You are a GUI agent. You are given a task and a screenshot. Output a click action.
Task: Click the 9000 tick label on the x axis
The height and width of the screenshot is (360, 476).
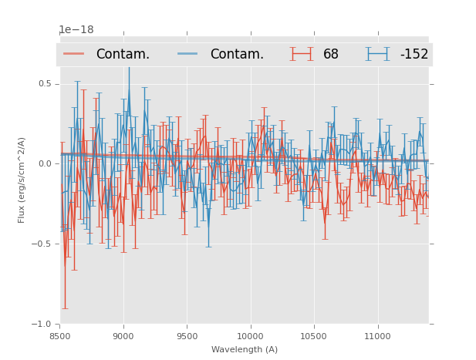[123, 336]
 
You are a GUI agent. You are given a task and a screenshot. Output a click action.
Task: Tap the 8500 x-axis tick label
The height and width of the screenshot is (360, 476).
[60, 336]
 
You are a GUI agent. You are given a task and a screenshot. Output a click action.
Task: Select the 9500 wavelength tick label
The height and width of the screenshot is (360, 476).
[187, 336]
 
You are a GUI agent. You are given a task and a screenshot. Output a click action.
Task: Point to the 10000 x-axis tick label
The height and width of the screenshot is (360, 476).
[250, 336]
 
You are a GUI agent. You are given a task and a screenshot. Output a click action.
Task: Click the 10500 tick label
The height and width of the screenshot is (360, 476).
[314, 336]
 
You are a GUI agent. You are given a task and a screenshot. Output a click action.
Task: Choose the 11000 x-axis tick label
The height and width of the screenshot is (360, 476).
[377, 336]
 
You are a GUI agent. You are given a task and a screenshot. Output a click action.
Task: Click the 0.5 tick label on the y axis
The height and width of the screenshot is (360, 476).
[45, 84]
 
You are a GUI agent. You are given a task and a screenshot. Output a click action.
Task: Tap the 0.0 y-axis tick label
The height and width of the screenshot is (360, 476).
[45, 163]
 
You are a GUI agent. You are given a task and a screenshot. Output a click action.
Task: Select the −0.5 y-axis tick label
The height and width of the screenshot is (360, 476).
[43, 244]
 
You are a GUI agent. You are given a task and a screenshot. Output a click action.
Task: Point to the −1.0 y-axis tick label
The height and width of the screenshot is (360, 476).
[43, 324]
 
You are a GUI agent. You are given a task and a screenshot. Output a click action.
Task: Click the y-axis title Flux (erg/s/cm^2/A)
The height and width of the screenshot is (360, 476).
[22, 180]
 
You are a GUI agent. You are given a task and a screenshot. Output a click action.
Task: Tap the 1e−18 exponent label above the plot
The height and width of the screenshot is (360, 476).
[76, 30]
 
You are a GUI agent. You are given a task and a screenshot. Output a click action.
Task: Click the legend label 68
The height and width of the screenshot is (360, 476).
[331, 55]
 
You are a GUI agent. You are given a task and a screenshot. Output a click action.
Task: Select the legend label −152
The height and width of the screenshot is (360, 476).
[414, 55]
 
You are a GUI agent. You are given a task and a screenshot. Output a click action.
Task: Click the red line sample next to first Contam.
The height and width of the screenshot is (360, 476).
[74, 54]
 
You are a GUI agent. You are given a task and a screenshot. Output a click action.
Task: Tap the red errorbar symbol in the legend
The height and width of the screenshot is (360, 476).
[302, 54]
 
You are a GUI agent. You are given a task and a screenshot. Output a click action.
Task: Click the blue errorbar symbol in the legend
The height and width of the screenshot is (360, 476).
[377, 54]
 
